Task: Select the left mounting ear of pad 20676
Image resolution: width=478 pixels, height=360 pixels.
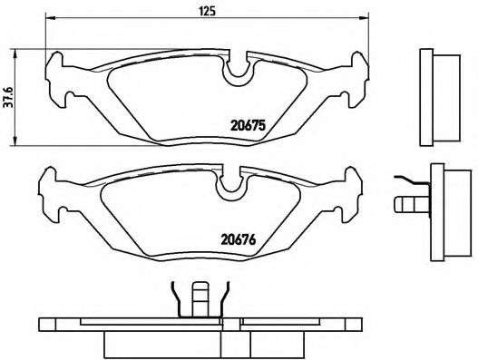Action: pos(50,192)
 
